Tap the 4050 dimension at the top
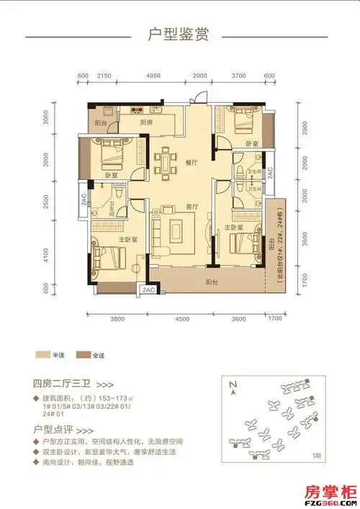152,76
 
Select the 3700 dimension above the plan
240,76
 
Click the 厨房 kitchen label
146,123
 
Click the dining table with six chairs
167,163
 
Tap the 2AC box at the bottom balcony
149,289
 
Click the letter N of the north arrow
232,386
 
